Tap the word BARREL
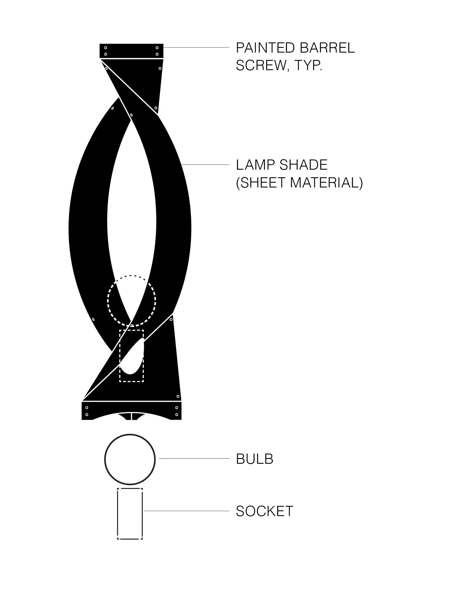click(327, 48)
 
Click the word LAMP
click(256, 165)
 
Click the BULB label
click(255, 459)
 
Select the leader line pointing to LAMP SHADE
click(205, 165)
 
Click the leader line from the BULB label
click(194, 459)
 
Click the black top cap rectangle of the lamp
click(131, 51)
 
